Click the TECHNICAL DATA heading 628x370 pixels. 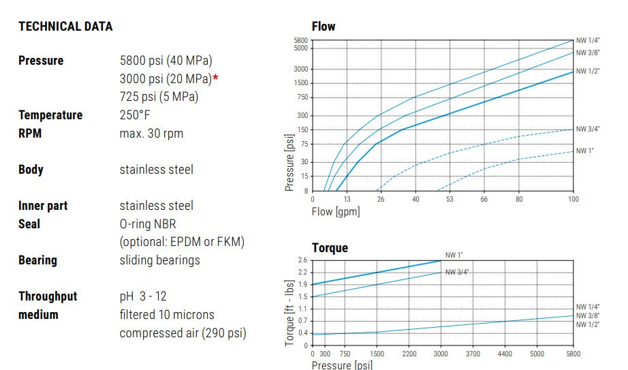65,27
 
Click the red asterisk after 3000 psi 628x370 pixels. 216,78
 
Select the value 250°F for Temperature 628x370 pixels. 135,115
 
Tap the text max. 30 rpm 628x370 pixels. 151,134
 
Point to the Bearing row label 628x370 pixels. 37,260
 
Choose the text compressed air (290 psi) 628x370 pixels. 183,333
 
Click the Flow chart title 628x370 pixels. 324,27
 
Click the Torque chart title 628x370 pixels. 330,248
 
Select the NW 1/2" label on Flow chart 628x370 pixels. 588,71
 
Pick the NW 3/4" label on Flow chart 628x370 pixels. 588,129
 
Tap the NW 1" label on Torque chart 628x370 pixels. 454,255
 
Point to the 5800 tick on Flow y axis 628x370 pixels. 301,41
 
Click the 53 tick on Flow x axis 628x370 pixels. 450,199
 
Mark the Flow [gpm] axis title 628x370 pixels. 336,211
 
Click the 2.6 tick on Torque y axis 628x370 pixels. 303,260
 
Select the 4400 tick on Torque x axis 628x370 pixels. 504,354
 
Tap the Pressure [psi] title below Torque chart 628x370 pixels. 342,365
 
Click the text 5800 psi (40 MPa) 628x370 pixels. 166,61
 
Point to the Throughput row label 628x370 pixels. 48,296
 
